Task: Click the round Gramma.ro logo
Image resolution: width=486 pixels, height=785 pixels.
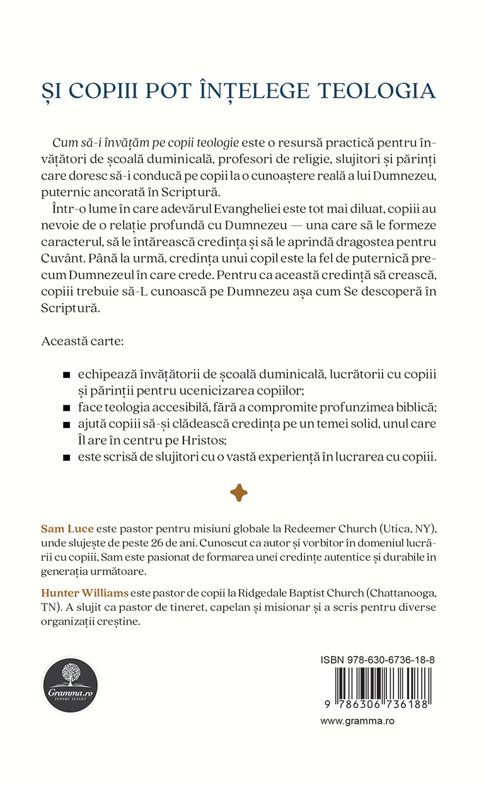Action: [x=70, y=685]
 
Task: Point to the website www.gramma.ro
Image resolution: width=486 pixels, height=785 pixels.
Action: [x=357, y=721]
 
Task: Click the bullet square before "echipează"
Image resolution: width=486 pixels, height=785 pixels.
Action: [x=66, y=376]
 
